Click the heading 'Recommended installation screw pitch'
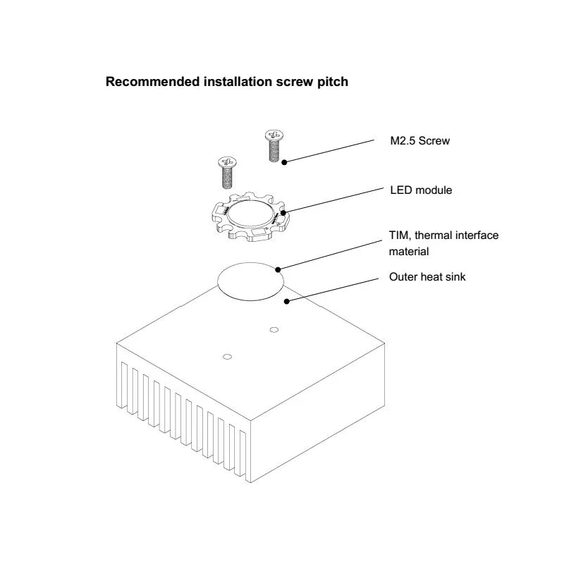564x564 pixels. click(226, 82)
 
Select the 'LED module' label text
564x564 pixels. click(421, 190)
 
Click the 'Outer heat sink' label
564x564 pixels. click(427, 277)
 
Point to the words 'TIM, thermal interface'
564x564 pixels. click(443, 235)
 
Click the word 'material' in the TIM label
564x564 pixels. click(409, 250)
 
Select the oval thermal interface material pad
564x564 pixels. click(250, 282)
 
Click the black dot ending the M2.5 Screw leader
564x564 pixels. click(285, 162)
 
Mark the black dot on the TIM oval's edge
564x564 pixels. click(279, 269)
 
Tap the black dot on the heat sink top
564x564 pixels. click(286, 302)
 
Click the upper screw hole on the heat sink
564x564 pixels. click(273, 329)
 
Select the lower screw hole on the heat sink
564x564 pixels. click(227, 357)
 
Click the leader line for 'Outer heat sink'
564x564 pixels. click(331, 289)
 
